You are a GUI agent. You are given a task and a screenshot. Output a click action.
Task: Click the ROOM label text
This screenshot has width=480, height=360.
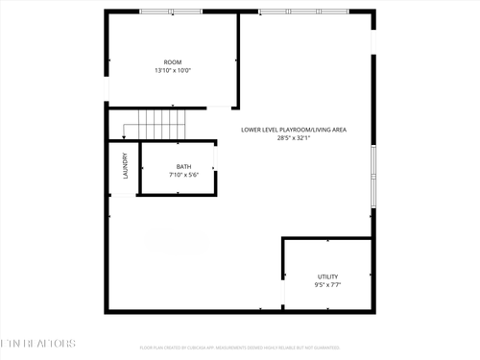click(x=173, y=62)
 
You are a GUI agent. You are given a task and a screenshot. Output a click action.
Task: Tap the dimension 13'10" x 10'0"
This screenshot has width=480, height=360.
click(x=173, y=71)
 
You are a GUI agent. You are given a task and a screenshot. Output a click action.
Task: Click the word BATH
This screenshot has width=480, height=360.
click(x=183, y=167)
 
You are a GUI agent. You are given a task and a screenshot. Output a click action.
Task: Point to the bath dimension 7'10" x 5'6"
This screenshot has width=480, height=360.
click(x=183, y=176)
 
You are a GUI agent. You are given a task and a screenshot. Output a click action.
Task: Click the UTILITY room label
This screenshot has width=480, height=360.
click(x=327, y=276)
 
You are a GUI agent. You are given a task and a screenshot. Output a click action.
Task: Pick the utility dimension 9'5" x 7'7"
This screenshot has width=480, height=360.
click(x=327, y=285)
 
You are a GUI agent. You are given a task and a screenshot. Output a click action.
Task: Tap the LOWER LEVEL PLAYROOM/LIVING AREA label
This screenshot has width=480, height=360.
click(x=307, y=129)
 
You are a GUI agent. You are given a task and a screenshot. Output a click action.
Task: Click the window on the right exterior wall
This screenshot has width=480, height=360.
click(x=372, y=163)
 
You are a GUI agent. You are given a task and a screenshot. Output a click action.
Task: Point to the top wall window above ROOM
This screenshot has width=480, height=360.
click(x=171, y=12)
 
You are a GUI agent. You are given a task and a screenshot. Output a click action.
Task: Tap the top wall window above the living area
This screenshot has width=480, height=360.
click(x=305, y=12)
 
